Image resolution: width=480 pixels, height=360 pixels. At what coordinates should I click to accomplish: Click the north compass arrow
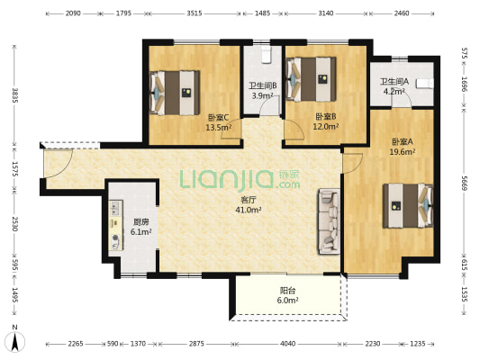click(x=15, y=341)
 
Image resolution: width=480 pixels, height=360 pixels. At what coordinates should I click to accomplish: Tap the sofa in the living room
click(x=330, y=221)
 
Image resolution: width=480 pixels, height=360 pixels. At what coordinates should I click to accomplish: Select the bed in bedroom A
click(x=408, y=205)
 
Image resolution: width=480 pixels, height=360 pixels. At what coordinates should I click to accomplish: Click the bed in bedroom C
click(x=175, y=93)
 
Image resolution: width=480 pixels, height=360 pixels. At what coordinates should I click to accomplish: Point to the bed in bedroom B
click(x=311, y=79)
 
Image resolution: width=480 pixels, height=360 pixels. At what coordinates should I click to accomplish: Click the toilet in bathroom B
click(x=267, y=54)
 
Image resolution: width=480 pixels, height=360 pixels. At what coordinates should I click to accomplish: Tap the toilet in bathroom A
click(x=425, y=83)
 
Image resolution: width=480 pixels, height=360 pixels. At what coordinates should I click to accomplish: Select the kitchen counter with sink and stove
click(x=115, y=225)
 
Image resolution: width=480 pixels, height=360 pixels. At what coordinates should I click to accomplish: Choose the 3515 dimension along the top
click(x=195, y=13)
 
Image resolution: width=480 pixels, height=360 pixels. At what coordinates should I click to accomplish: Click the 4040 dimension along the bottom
click(x=288, y=344)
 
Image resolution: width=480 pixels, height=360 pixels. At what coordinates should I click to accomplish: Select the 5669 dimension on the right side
click(x=464, y=184)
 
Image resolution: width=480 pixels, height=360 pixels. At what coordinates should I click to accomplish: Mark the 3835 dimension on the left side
click(x=14, y=95)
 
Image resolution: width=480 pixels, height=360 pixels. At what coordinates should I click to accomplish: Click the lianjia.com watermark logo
click(x=240, y=179)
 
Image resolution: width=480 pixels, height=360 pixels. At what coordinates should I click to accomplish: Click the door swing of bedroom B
click(x=294, y=130)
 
